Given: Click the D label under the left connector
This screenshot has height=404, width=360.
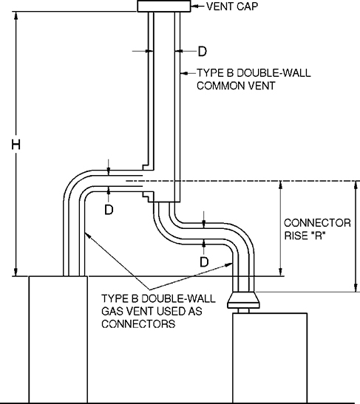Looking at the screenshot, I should coord(109,209).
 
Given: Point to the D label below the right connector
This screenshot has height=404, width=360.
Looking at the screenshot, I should coord(204,261).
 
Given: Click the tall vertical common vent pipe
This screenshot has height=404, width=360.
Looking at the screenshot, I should coord(163,89).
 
